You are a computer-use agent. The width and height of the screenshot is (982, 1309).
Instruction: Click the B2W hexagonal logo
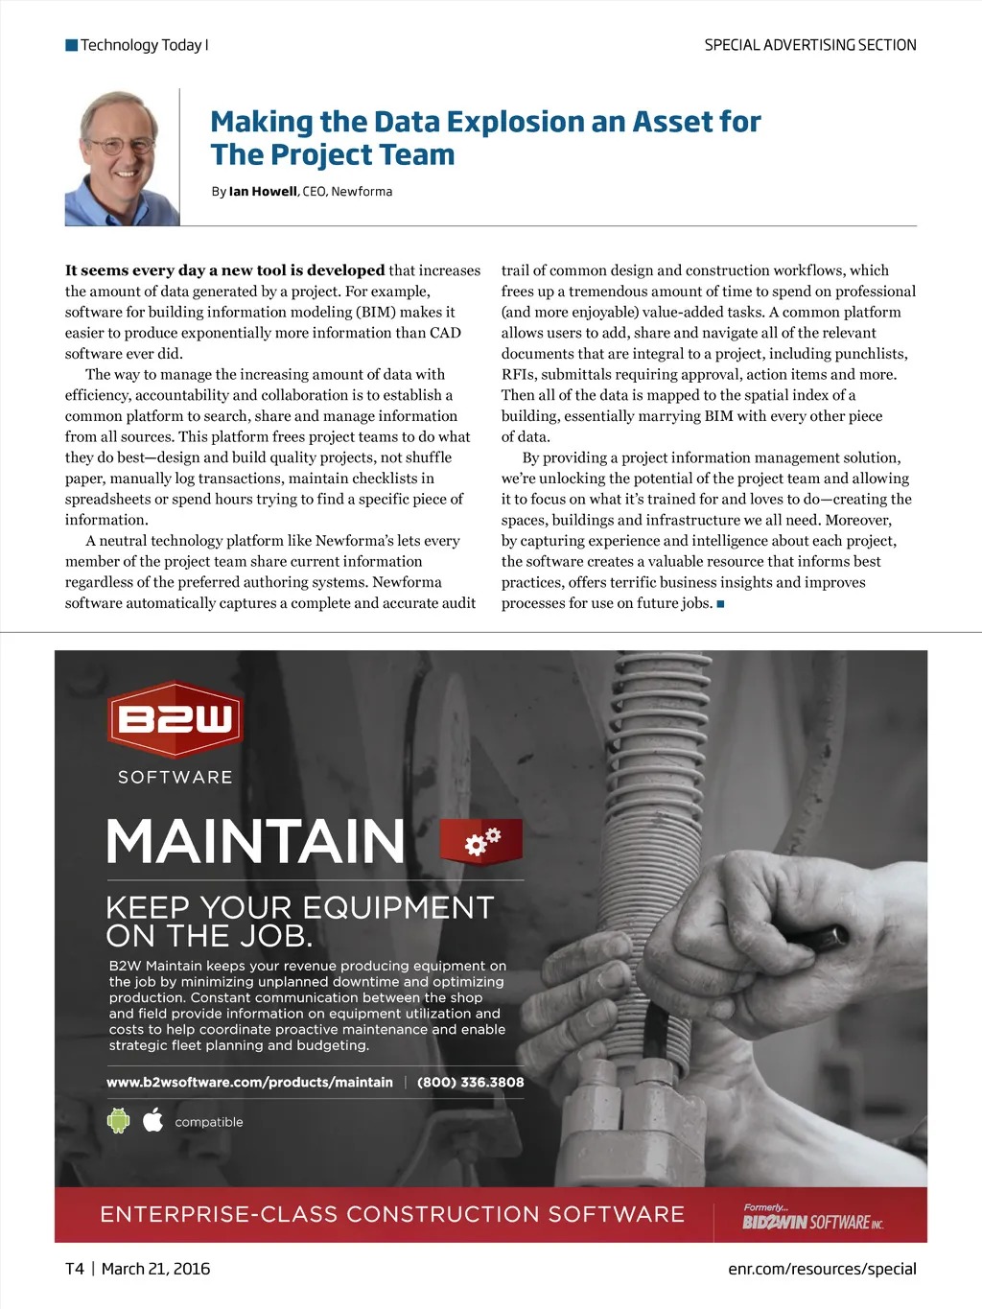pyautogui.click(x=175, y=719)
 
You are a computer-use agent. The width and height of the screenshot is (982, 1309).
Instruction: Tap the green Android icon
pyautogui.click(x=118, y=1120)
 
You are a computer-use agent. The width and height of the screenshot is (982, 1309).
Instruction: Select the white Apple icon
pyautogui.click(x=153, y=1120)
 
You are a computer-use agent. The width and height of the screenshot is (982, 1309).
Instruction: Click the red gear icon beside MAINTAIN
pyautogui.click(x=481, y=841)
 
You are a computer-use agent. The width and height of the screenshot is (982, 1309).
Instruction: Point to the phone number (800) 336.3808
pyautogui.click(x=470, y=1082)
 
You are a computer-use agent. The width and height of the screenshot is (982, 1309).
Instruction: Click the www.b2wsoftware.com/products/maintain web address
pyautogui.click(x=249, y=1082)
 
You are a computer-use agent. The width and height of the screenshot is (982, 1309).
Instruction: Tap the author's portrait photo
pyautogui.click(x=121, y=158)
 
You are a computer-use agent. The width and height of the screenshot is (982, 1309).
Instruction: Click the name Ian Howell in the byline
pyautogui.click(x=263, y=192)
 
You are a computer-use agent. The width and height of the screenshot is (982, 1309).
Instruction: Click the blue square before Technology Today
pyautogui.click(x=71, y=45)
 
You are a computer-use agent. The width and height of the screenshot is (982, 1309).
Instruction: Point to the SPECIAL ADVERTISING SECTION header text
pyautogui.click(x=810, y=45)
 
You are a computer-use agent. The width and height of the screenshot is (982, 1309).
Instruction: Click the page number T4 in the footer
pyautogui.click(x=75, y=1269)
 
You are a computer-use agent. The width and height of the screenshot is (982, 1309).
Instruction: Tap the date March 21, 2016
pyautogui.click(x=155, y=1269)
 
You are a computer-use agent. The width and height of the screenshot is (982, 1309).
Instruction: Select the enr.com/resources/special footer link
pyautogui.click(x=822, y=1269)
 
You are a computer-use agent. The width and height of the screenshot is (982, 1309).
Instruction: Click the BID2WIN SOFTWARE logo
pyautogui.click(x=812, y=1221)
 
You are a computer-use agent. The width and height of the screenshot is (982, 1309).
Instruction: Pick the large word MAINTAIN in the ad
pyautogui.click(x=256, y=842)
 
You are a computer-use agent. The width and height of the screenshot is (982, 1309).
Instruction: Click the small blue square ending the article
pyautogui.click(x=720, y=604)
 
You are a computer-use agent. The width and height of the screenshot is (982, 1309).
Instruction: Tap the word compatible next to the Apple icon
pyautogui.click(x=209, y=1122)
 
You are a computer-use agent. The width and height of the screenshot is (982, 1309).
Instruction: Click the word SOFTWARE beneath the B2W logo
pyautogui.click(x=175, y=777)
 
